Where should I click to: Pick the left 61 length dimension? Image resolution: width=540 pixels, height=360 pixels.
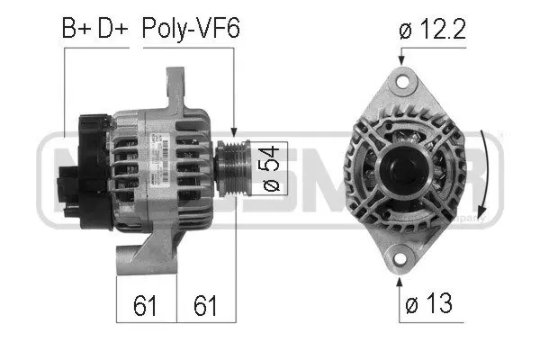[x=147, y=306]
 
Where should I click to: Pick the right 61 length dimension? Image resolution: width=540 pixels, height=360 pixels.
[x=206, y=306]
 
